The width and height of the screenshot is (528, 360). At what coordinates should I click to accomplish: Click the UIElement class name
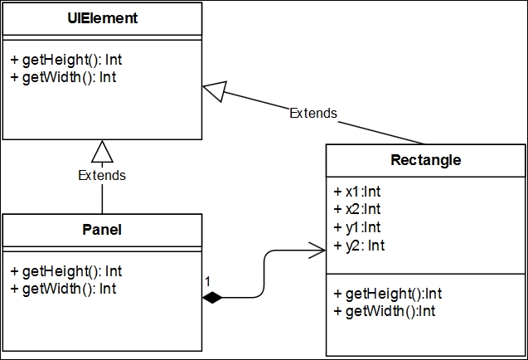(x=103, y=18)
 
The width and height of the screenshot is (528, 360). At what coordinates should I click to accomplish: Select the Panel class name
(x=102, y=230)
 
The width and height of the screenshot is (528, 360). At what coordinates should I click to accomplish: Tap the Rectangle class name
(x=426, y=160)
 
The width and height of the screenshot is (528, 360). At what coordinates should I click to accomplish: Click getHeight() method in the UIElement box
(x=66, y=60)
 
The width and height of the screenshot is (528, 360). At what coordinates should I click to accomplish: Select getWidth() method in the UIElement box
(x=63, y=77)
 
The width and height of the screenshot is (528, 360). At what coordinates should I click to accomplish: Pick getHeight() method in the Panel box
(x=66, y=272)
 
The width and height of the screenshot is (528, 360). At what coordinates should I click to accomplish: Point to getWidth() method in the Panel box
(x=63, y=289)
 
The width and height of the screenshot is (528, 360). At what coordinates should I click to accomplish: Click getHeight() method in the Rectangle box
(x=388, y=294)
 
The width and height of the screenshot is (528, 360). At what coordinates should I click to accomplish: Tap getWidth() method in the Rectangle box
(x=385, y=311)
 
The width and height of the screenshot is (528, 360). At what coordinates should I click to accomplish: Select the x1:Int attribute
(x=357, y=192)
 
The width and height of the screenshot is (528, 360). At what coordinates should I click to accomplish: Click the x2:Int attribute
(x=357, y=209)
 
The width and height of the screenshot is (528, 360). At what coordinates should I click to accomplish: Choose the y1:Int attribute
(x=357, y=227)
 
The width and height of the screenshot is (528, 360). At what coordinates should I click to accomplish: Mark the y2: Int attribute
(x=359, y=246)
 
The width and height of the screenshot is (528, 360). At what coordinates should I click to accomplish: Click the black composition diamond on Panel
(x=212, y=298)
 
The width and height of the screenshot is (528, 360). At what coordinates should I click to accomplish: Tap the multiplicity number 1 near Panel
(x=207, y=281)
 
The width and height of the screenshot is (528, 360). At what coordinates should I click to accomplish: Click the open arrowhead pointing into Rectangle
(x=317, y=251)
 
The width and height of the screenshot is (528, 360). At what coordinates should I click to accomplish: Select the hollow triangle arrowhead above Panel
(x=103, y=152)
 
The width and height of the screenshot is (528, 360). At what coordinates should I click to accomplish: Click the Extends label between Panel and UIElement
(x=102, y=175)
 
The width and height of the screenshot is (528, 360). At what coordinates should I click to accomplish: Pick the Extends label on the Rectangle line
(x=313, y=114)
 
